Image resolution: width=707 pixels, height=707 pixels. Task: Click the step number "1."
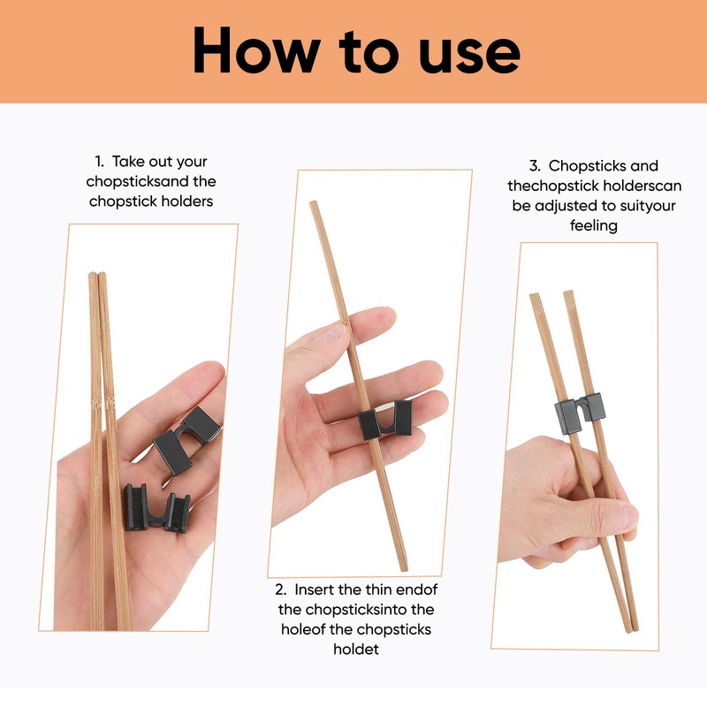coord(100,162)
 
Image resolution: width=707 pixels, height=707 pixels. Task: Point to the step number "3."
coord(535,165)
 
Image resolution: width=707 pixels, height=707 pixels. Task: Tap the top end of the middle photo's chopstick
coord(312,205)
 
